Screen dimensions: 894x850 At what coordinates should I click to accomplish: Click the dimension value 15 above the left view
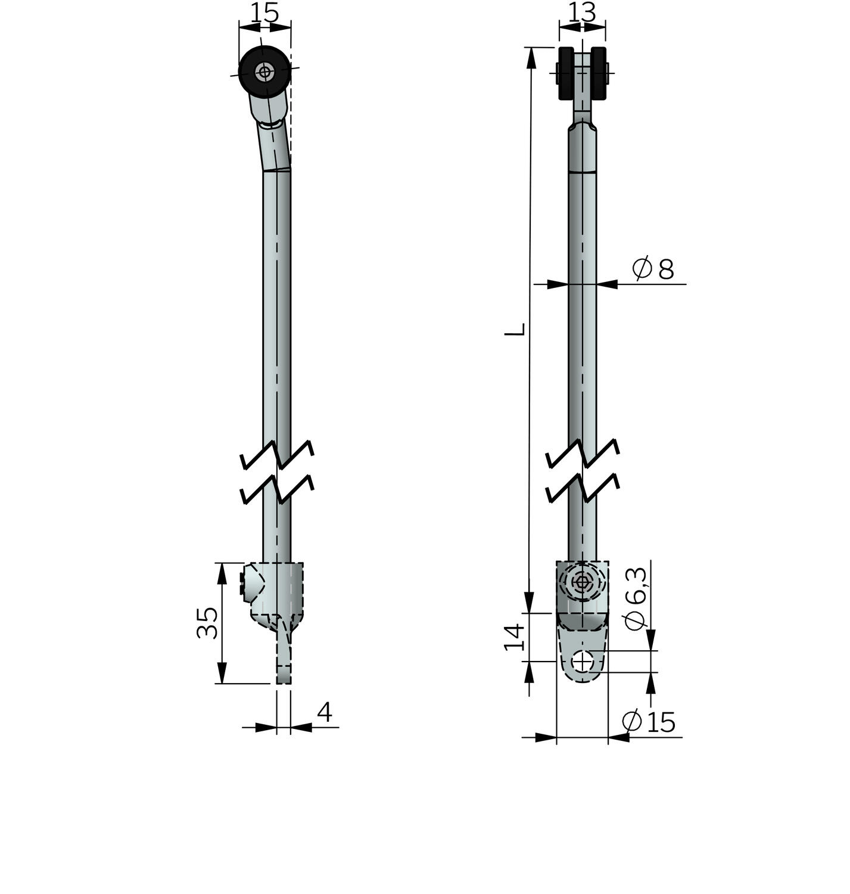[x=264, y=13]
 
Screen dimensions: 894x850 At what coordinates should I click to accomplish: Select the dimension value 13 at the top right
[x=582, y=13]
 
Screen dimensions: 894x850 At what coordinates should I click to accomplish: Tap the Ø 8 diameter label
[x=653, y=269]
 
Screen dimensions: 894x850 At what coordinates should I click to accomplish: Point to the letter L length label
[x=515, y=329]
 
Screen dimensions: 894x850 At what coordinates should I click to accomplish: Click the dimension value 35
[x=207, y=623]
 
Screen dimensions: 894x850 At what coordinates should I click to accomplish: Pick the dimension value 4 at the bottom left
[x=324, y=712]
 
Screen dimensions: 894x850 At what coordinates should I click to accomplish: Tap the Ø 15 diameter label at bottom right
[x=649, y=722]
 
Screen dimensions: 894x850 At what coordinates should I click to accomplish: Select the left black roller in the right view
[x=566, y=73]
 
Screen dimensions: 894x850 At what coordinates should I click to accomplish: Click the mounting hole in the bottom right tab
[x=583, y=662]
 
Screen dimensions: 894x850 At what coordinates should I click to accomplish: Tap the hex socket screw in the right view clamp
[x=582, y=582]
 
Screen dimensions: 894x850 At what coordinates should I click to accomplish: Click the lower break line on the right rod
[x=583, y=489]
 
